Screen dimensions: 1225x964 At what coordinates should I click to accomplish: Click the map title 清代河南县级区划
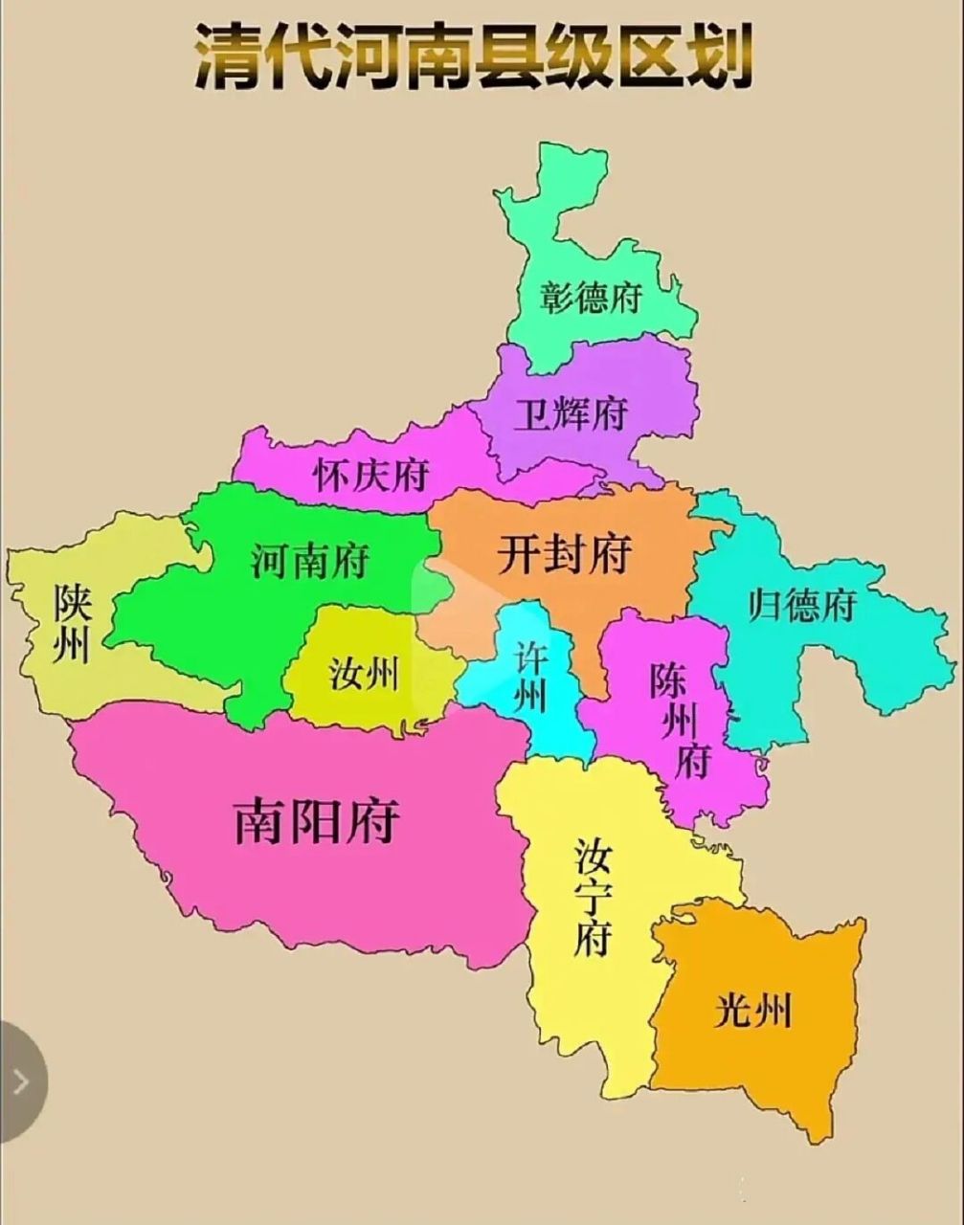click(473, 57)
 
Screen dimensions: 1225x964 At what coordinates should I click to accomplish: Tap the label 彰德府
click(589, 297)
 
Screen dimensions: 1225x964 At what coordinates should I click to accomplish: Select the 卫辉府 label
click(571, 414)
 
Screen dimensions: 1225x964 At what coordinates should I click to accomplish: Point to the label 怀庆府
click(371, 474)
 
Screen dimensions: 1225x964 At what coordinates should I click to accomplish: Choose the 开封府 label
click(564, 552)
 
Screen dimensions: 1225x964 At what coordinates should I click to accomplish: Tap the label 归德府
click(802, 605)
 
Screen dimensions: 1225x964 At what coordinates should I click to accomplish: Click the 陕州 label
click(72, 623)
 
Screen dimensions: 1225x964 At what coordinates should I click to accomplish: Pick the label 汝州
click(363, 675)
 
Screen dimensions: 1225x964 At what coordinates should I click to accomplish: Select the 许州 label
click(530, 676)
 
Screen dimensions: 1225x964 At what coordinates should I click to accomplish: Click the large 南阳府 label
click(317, 820)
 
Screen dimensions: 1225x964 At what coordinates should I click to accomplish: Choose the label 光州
click(753, 1010)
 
